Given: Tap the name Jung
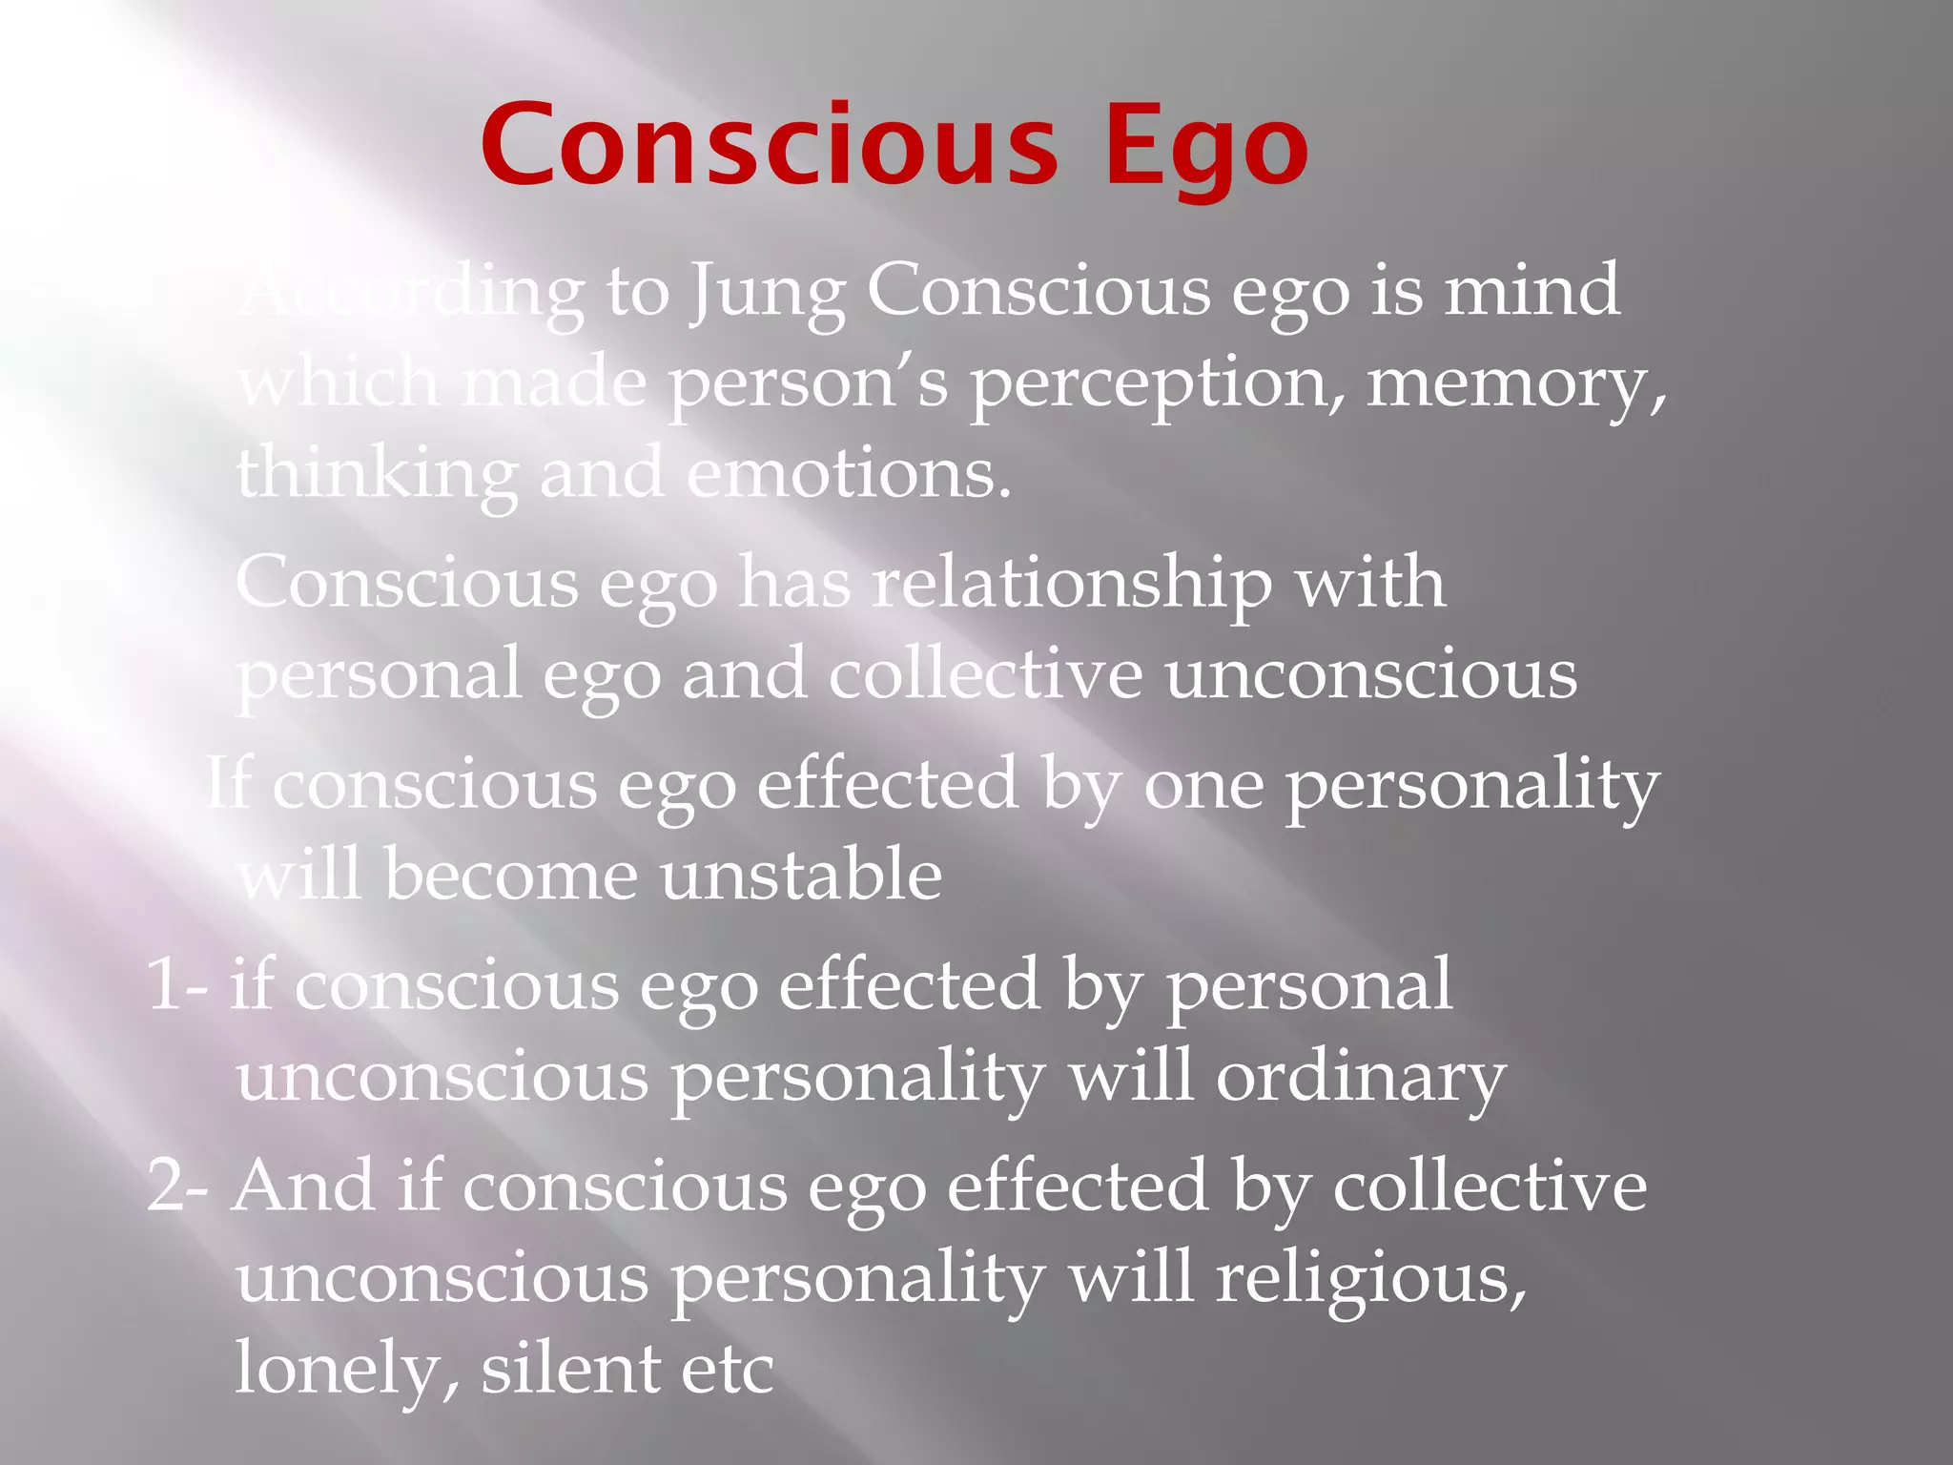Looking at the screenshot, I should [768, 292].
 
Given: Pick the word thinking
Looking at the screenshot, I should [377, 475].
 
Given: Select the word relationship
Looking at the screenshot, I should [1073, 584].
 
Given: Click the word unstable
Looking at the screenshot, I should [801, 876].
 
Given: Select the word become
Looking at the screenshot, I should [510, 876].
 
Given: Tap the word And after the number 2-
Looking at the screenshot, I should [303, 1186].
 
